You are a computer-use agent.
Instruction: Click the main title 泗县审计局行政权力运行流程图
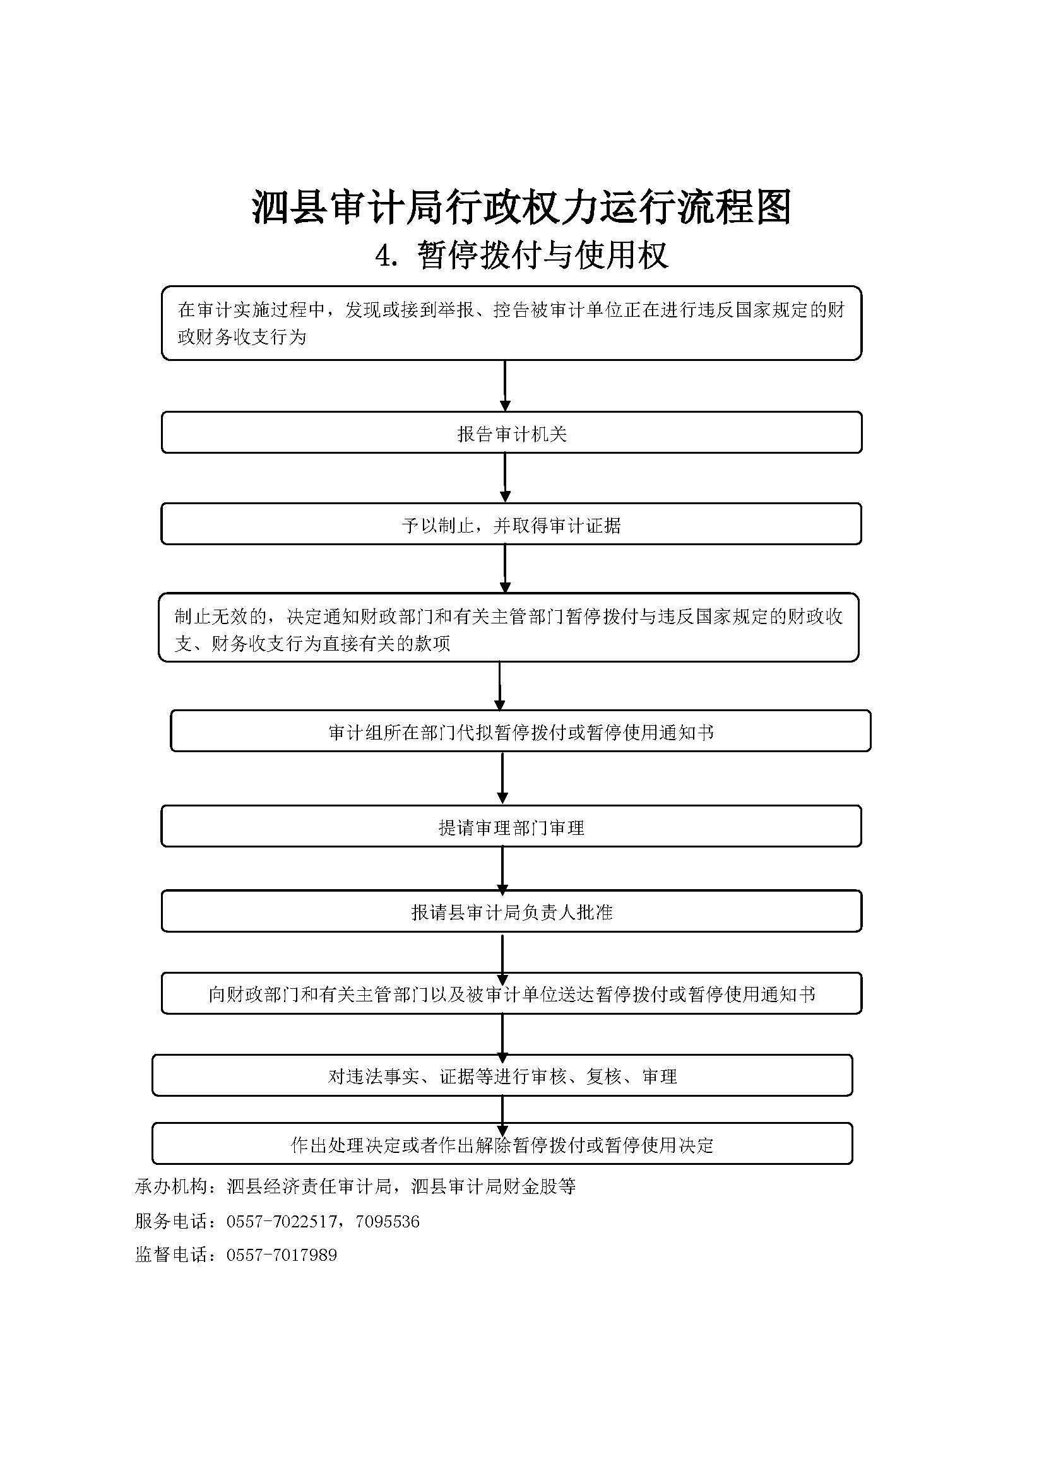point(521,207)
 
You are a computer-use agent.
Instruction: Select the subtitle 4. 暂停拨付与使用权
point(522,255)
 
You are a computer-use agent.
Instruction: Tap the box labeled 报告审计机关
point(511,433)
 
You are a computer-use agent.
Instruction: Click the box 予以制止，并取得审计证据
point(511,524)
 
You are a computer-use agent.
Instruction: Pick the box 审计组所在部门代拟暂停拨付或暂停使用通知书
point(521,731)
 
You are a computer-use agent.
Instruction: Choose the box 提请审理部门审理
point(511,826)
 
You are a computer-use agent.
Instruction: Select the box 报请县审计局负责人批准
point(511,911)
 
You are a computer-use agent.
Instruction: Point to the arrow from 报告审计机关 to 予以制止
point(505,478)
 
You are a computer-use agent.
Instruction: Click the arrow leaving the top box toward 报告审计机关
point(505,386)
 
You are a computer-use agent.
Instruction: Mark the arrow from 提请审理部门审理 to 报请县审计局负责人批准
point(502,868)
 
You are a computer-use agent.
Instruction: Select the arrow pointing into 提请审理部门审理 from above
point(502,778)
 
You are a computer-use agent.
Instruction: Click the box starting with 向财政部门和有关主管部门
point(511,993)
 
